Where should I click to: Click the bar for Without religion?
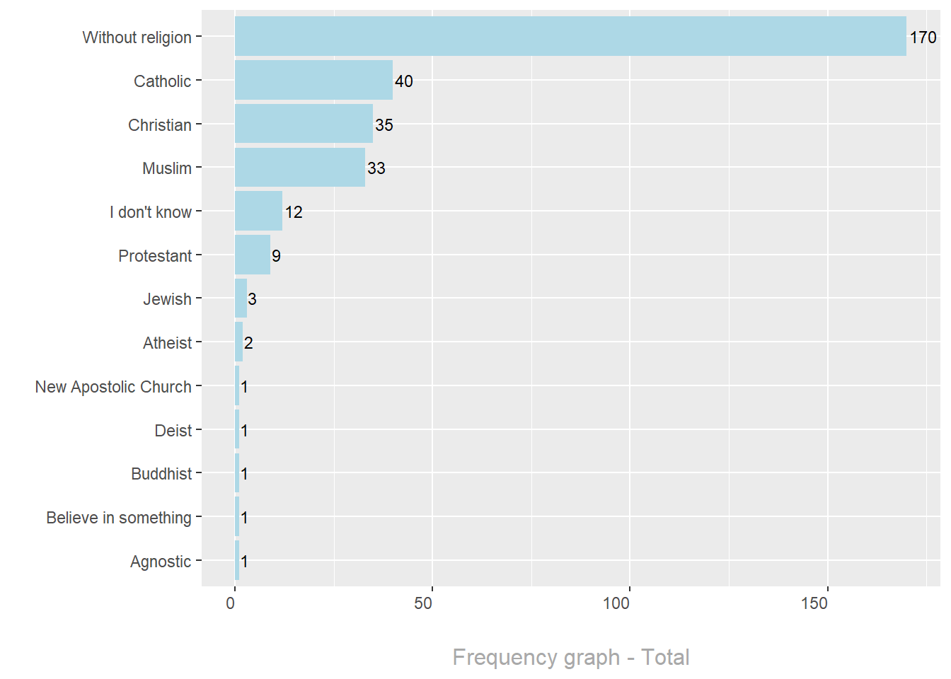[570, 36]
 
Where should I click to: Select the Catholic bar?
[313, 80]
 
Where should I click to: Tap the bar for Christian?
[304, 124]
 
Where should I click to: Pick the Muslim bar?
[300, 168]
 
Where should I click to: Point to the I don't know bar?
[258, 211]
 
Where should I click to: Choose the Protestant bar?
[253, 255]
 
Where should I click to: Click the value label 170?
[923, 37]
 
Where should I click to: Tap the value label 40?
[404, 81]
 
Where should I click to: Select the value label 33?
[376, 168]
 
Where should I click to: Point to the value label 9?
[276, 256]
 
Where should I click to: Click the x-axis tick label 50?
[423, 603]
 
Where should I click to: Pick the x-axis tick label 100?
[616, 603]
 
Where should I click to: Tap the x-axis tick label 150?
[814, 603]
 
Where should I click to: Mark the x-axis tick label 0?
[231, 603]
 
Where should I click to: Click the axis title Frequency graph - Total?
[570, 657]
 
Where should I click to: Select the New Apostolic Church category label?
[113, 387]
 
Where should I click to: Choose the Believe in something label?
[119, 518]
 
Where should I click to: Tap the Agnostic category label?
[161, 562]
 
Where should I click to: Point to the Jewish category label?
[167, 299]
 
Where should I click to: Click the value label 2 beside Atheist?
[248, 343]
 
